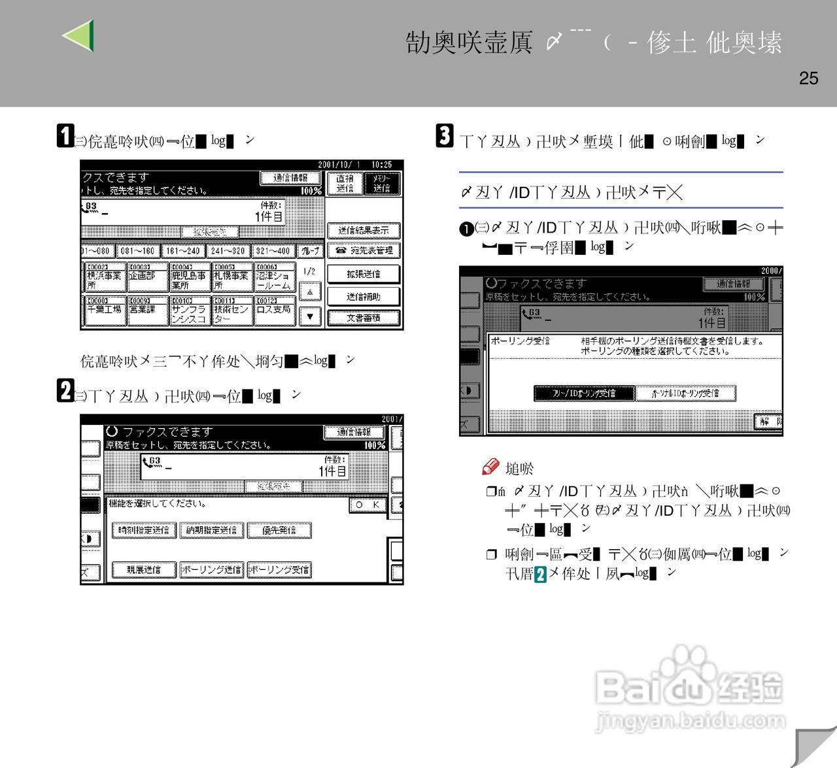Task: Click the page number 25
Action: [x=808, y=78]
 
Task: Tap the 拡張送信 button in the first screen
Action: [x=363, y=274]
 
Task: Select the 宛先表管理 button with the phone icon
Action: [x=363, y=250]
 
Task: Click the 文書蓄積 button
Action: [x=363, y=318]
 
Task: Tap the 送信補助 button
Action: [x=363, y=296]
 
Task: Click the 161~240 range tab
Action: [x=182, y=250]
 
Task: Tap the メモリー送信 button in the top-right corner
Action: [x=381, y=183]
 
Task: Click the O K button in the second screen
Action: [x=367, y=505]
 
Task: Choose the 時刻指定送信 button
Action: [x=144, y=530]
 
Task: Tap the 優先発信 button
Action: [x=279, y=530]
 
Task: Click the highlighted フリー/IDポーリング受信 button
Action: [x=584, y=393]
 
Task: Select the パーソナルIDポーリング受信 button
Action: [x=685, y=393]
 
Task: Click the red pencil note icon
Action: [x=490, y=466]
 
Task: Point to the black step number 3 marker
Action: [x=445, y=136]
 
